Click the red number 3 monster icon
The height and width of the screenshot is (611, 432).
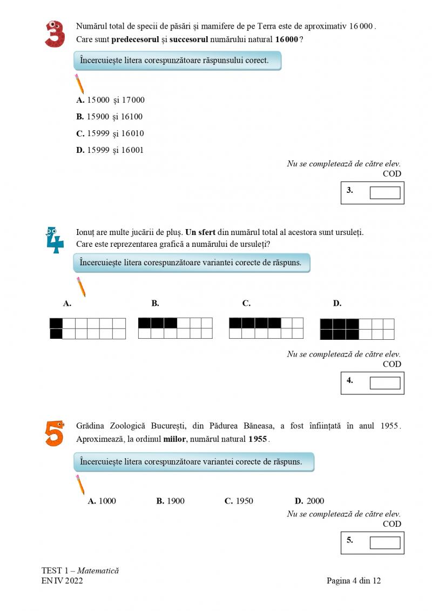coord(55,34)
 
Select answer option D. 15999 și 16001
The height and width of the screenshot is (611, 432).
coord(110,150)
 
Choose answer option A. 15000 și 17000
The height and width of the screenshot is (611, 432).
coord(111,100)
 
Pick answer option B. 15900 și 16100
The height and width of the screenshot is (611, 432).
coord(110,117)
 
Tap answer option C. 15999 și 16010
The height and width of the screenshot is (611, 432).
coord(110,133)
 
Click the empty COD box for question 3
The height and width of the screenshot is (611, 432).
coord(384,193)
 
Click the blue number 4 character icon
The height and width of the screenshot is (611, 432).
coord(55,240)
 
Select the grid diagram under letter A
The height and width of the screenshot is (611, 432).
coord(87,328)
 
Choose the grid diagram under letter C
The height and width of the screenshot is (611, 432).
coord(266,328)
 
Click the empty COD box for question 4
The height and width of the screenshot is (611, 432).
coord(384,383)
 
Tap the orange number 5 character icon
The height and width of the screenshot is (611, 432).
coord(54,433)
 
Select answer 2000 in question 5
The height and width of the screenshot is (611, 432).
coord(309,501)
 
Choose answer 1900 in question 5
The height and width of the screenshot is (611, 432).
coord(170,501)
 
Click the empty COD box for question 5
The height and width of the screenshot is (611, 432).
coord(384,542)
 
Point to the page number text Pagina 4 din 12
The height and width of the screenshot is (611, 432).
coord(354,581)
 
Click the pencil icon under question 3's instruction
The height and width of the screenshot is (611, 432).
coord(79,84)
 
